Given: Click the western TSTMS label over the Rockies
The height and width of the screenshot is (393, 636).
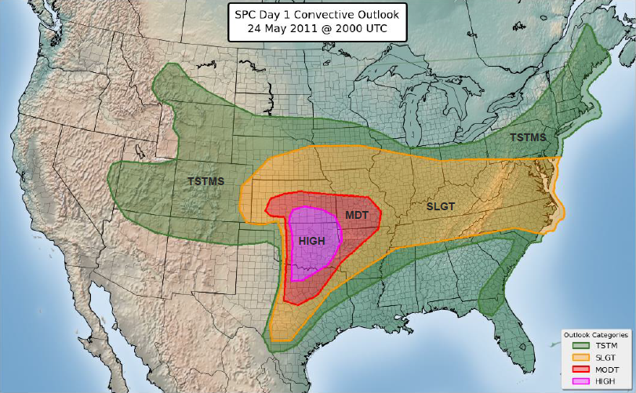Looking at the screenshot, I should [x=205, y=181].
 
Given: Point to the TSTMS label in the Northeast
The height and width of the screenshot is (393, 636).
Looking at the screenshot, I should [x=529, y=137].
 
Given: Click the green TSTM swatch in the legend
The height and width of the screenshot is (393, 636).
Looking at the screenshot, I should [x=580, y=345].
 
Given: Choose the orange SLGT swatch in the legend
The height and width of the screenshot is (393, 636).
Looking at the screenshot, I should [x=580, y=357].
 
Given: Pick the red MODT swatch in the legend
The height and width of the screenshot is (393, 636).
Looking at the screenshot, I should [x=580, y=369].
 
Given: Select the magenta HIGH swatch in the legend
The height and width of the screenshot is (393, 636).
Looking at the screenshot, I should [x=580, y=380].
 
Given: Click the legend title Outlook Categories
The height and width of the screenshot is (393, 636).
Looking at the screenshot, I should [x=596, y=334].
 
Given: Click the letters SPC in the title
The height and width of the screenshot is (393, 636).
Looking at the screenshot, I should [x=248, y=13].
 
